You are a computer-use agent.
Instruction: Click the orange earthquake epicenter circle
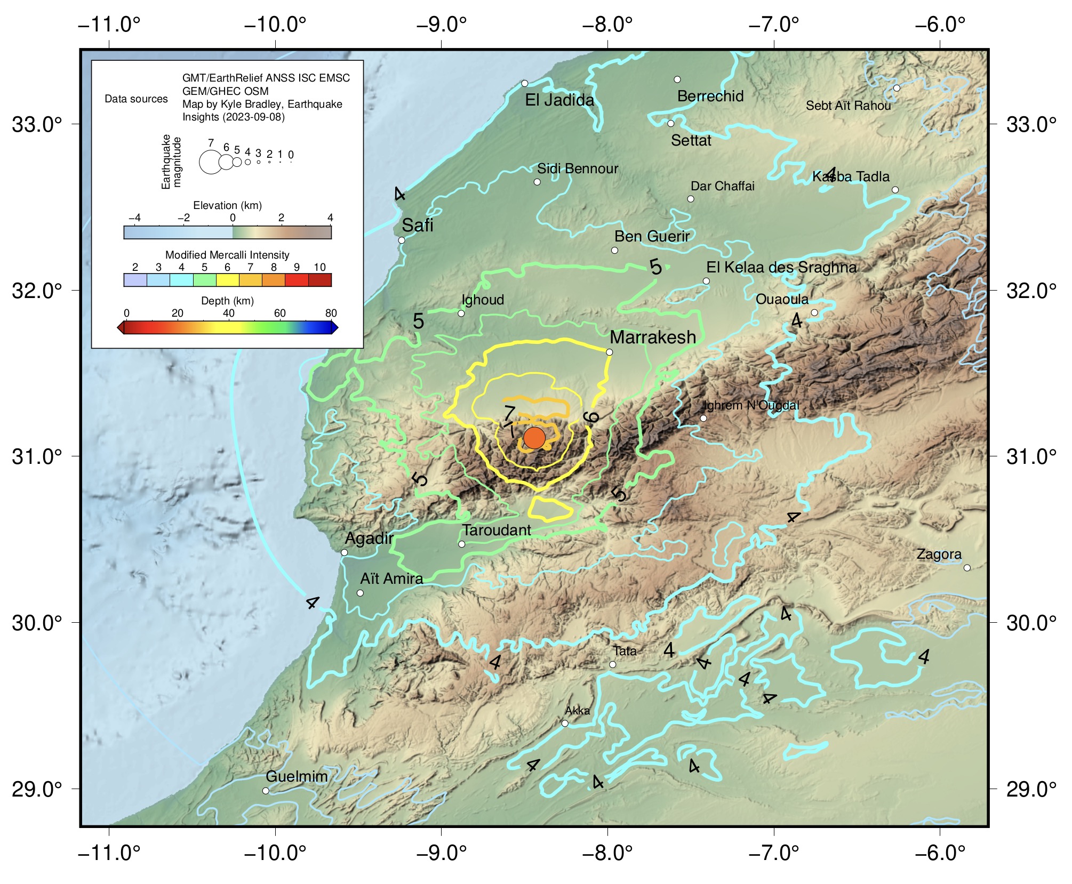point(534,438)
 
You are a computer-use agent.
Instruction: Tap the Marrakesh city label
point(652,337)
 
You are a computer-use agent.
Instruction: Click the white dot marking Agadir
point(344,552)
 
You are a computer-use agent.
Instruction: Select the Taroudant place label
point(496,530)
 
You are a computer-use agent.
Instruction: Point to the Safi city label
point(417,226)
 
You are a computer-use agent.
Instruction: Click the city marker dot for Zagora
point(967,568)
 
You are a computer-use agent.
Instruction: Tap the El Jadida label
point(559,100)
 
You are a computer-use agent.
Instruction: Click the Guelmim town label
point(297,776)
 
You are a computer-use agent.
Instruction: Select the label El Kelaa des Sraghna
point(781,267)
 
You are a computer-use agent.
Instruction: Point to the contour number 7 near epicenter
point(509,413)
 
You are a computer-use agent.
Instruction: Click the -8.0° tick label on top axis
point(607,25)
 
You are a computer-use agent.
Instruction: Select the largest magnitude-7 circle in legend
point(210,163)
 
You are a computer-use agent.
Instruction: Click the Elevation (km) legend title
point(227,205)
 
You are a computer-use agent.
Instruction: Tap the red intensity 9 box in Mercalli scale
point(297,280)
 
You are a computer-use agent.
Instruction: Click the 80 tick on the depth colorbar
point(331,313)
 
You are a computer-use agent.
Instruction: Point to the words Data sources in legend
point(136,99)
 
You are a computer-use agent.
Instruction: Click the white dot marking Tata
point(613,664)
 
